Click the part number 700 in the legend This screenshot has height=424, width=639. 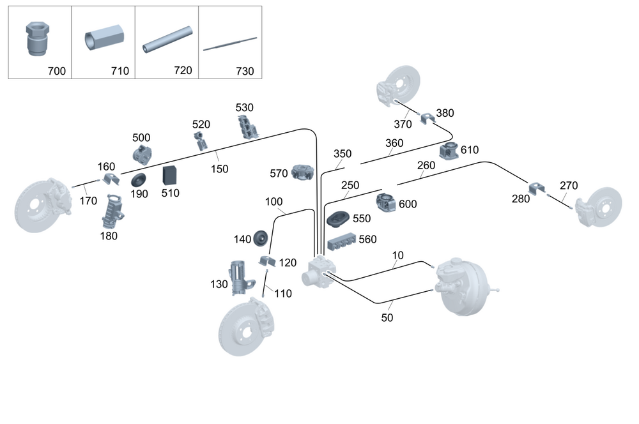coord(56,72)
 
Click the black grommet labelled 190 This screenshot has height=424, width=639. coord(139,179)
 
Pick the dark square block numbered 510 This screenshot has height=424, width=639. coord(171,175)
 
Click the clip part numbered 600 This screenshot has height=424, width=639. coord(387,202)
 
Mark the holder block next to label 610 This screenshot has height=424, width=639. coord(450,152)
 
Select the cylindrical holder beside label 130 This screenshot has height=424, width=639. coord(238,277)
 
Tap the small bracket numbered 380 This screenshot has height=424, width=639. coord(426,117)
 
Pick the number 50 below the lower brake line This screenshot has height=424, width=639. coord(388,317)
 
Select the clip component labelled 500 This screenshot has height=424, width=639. coord(142,154)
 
